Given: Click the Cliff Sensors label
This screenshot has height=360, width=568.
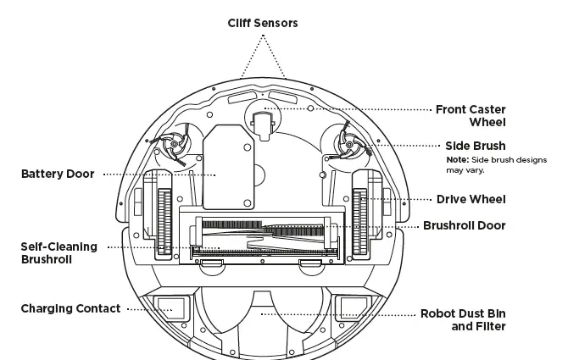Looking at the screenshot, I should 262,23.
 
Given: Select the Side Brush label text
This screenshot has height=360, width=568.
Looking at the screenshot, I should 475,146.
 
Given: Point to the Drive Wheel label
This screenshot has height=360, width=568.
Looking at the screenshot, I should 471,200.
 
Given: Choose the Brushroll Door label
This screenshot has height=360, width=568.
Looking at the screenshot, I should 464,226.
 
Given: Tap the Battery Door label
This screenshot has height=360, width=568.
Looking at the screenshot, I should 57,174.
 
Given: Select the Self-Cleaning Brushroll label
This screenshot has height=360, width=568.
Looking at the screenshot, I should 58,253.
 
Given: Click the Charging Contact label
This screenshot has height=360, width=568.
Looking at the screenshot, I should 70,309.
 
